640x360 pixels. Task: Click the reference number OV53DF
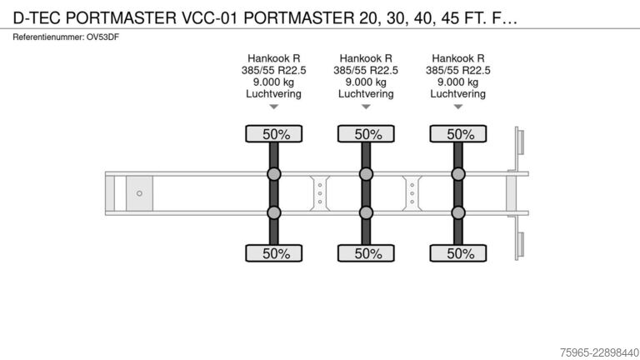point(102,37)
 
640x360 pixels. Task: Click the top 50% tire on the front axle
point(274,134)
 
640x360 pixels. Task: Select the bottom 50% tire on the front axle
point(274,253)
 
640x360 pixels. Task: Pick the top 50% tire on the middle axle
point(366,134)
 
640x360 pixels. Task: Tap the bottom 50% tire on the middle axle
point(366,253)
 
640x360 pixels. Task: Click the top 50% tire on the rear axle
point(458,134)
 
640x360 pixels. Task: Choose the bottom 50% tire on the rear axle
point(458,253)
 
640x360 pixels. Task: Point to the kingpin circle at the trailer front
point(139,193)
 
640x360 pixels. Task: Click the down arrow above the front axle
point(274,107)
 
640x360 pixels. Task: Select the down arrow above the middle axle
point(366,107)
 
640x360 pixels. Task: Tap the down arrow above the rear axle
point(458,107)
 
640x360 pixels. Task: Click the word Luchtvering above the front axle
point(273,94)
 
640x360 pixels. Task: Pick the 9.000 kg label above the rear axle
point(458,82)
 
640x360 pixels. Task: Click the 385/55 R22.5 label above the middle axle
point(366,70)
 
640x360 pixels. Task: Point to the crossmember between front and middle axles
point(320,193)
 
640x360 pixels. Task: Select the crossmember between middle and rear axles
point(412,193)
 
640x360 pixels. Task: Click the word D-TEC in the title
point(37,18)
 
